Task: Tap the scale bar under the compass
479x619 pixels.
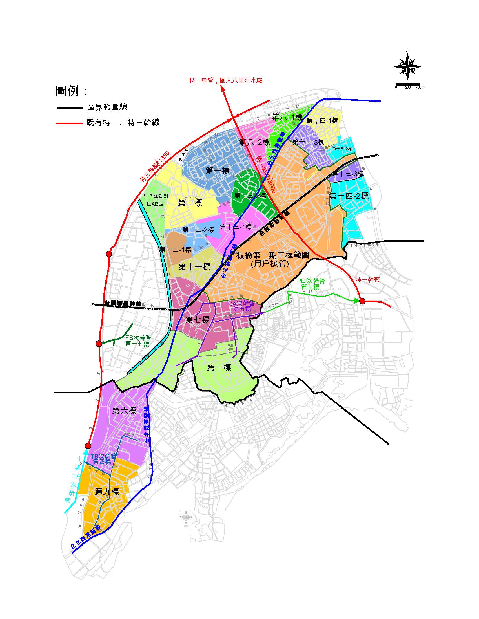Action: point(407,84)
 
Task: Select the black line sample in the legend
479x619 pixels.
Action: point(69,108)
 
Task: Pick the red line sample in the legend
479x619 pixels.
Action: point(69,123)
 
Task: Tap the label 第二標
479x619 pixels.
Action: point(190,203)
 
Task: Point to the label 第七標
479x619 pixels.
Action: point(198,320)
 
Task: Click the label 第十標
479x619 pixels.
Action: point(219,368)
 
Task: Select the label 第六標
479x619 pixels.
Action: point(124,411)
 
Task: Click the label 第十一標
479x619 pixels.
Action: point(194,267)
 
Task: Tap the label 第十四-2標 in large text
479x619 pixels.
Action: point(349,196)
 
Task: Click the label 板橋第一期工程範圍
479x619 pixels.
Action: point(273,255)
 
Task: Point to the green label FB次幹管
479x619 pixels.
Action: point(138,338)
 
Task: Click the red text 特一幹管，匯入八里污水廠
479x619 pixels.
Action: point(226,80)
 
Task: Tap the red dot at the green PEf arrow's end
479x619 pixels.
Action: point(362,301)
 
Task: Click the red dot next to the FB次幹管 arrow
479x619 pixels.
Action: point(98,344)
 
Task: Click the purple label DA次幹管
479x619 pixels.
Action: point(241,304)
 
